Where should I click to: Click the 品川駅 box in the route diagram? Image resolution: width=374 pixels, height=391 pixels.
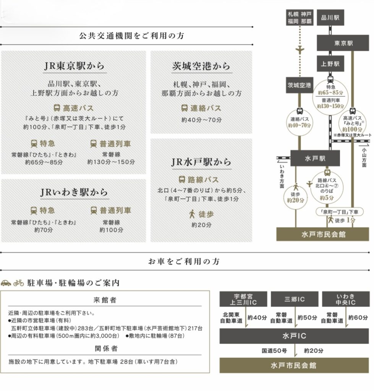tap(330, 18)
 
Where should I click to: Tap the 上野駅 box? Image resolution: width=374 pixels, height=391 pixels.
tap(330, 64)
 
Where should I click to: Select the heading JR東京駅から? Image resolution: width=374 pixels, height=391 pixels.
tap(74, 66)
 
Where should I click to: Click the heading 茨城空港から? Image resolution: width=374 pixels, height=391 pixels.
tap(201, 66)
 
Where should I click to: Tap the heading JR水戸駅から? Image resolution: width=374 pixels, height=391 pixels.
tap(201, 162)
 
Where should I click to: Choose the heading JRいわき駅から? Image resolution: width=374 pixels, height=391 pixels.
tap(74, 192)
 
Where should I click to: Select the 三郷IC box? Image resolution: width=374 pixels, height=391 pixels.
tap(295, 299)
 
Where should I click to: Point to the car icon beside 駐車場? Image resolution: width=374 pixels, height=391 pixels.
tap(6, 283)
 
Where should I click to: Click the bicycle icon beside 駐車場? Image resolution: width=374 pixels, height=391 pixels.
tap(19, 283)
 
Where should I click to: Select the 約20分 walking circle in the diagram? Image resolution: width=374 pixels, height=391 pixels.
tap(295, 196)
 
